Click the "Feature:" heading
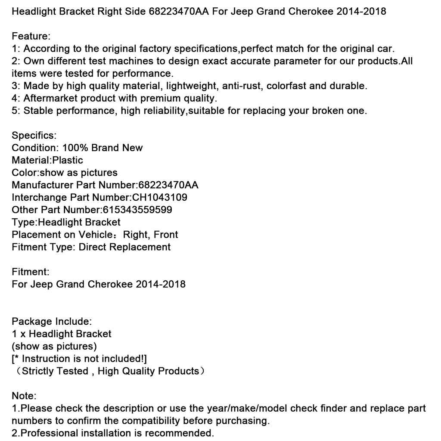[31, 36]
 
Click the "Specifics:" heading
[34, 136]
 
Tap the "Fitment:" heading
[31, 272]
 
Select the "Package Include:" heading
[51, 321]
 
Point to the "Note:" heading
[24, 396]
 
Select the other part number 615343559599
[137, 210]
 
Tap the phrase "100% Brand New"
[102, 148]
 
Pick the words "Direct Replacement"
[124, 247]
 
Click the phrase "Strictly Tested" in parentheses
[55, 371]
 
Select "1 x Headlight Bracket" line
[62, 334]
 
